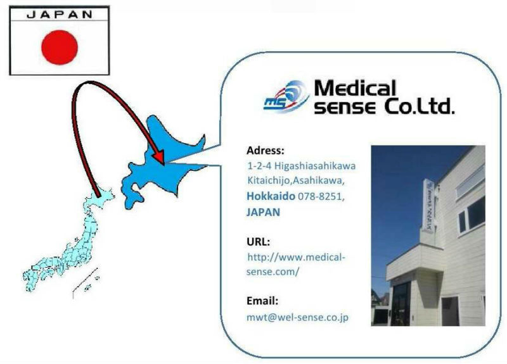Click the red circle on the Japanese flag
(x=60, y=47)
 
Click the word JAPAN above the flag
(x=60, y=15)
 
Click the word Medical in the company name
(x=355, y=88)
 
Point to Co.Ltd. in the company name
(x=420, y=106)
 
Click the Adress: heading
(x=266, y=151)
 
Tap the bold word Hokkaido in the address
(x=271, y=196)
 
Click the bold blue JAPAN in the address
(x=263, y=212)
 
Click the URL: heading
(x=258, y=242)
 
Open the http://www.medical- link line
(x=296, y=258)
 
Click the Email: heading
(x=262, y=301)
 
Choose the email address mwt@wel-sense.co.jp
(x=297, y=318)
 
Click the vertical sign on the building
(x=430, y=206)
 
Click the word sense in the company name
(x=345, y=107)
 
